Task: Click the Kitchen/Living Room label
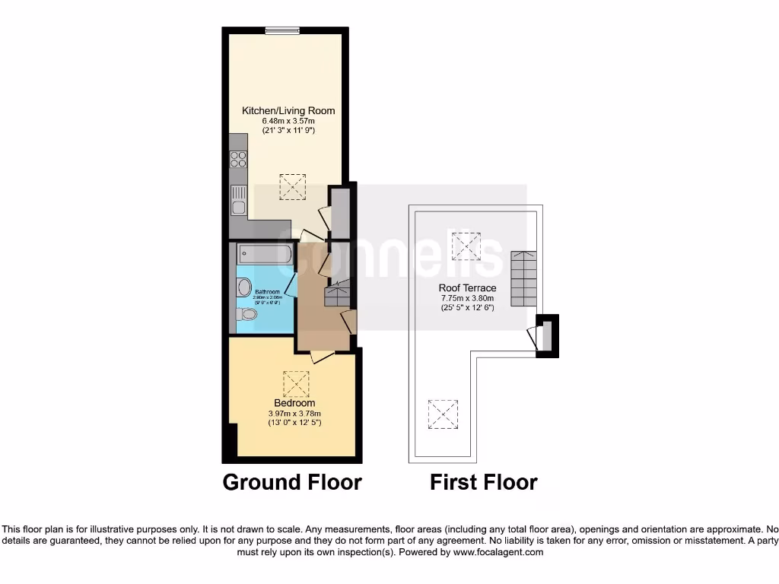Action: pyautogui.click(x=288, y=111)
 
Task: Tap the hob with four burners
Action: pyautogui.click(x=238, y=159)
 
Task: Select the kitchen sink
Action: pyautogui.click(x=238, y=199)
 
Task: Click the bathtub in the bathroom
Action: pyautogui.click(x=264, y=254)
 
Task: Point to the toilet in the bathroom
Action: pyautogui.click(x=246, y=313)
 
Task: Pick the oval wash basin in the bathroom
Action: pyautogui.click(x=243, y=287)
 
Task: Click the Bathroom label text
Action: pyautogui.click(x=267, y=292)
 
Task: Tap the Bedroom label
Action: pyautogui.click(x=294, y=403)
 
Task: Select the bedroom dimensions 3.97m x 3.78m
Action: pyautogui.click(x=294, y=413)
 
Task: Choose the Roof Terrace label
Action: pyautogui.click(x=467, y=288)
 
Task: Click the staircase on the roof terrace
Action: pyautogui.click(x=523, y=278)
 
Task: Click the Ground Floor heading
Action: pyautogui.click(x=291, y=482)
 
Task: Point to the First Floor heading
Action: pyautogui.click(x=483, y=482)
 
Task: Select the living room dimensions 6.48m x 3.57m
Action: pyautogui.click(x=288, y=121)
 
